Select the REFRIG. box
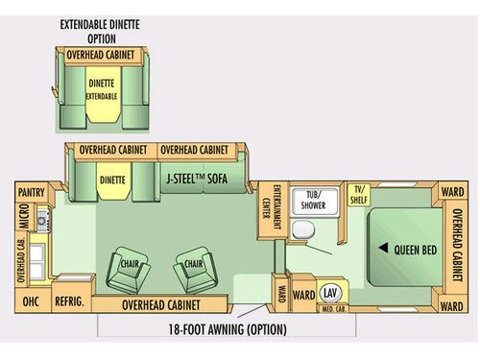pos(69,301)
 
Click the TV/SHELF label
pos(360,195)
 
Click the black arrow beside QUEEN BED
pos(382,249)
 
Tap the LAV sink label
pos(331,292)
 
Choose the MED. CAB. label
pos(332,307)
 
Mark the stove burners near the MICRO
pos(41,223)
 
